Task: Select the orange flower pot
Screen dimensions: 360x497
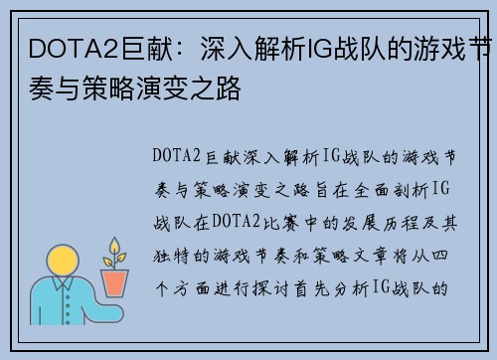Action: (x=115, y=282)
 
